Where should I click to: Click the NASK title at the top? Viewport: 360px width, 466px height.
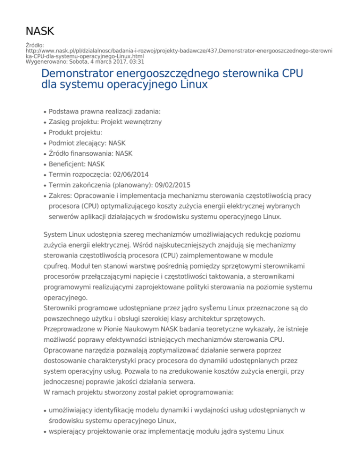point(40,31)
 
